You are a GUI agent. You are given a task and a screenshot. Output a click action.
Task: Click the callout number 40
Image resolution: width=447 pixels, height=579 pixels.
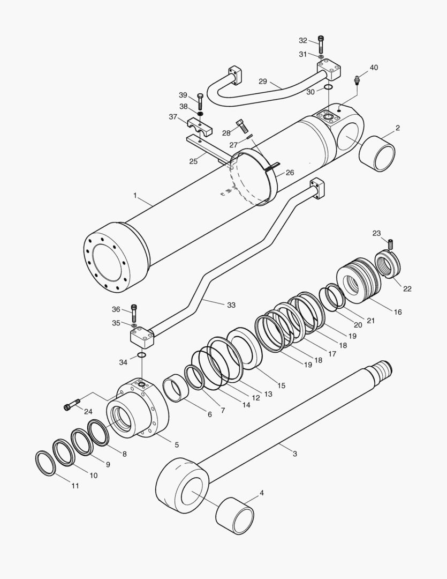pos(373,68)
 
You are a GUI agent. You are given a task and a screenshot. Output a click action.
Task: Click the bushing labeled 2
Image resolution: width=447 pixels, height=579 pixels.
pos(377,153)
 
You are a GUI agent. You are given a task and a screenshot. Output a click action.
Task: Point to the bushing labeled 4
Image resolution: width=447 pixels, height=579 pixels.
pos(234,516)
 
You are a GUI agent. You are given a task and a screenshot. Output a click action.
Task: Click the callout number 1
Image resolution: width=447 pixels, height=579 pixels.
pos(135,197)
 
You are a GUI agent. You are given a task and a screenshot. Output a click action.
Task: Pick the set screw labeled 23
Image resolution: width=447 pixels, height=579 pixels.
pos(390,244)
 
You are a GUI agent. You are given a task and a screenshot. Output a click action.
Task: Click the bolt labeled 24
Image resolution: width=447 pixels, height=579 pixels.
pos(71,405)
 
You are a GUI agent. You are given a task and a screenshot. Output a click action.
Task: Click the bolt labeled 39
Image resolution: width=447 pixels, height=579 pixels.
pos(200,100)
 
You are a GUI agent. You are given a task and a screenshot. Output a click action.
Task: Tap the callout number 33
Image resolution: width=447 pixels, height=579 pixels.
pos(231,305)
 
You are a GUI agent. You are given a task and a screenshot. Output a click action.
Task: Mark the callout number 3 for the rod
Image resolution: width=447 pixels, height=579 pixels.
pos(294,454)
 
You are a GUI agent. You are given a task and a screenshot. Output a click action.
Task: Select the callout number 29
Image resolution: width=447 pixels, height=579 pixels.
pos(262,81)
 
